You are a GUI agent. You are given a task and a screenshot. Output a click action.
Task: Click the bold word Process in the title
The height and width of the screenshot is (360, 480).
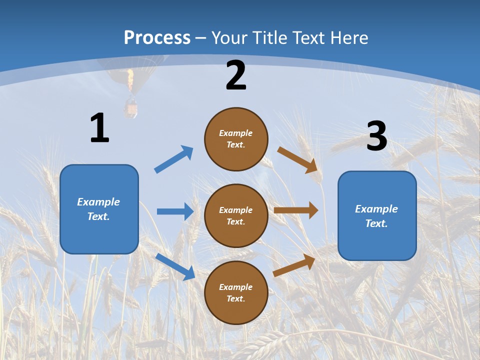pos(157,38)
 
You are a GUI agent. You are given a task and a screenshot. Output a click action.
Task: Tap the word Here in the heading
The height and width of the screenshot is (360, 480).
pos(349,37)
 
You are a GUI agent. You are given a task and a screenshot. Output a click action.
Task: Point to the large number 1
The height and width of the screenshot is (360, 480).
pos(100,127)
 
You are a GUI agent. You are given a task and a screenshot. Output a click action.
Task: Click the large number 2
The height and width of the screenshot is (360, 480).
pos(236,75)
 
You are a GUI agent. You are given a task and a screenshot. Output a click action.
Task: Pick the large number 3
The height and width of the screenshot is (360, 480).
pos(377,135)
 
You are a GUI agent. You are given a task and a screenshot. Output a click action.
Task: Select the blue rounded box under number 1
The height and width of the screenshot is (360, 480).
pos(99,209)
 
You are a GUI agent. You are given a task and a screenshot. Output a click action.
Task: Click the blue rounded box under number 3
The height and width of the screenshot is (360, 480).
pos(377,216)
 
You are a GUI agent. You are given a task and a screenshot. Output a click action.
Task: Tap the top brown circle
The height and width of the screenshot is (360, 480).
pos(236,139)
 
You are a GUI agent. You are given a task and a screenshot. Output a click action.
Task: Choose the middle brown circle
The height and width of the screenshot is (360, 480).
pos(236,216)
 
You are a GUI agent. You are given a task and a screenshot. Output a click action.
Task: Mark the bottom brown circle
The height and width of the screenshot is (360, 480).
pos(236,292)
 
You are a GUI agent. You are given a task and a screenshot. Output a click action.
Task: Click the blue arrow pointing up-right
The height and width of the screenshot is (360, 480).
pos(173,159)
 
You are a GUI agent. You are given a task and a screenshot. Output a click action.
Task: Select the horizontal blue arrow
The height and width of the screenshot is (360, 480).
pos(175,211)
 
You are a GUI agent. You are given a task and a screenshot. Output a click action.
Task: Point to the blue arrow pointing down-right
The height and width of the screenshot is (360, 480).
pos(175,266)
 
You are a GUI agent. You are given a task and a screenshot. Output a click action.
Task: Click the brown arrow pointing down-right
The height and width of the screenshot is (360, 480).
pos(297,160)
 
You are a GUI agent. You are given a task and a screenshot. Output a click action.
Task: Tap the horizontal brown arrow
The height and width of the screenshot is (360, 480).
pos(296,210)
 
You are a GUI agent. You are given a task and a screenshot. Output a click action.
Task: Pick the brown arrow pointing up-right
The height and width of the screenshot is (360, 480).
pos(294,265)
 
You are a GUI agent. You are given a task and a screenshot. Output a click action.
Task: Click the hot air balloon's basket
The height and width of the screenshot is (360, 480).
pos(130,108)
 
